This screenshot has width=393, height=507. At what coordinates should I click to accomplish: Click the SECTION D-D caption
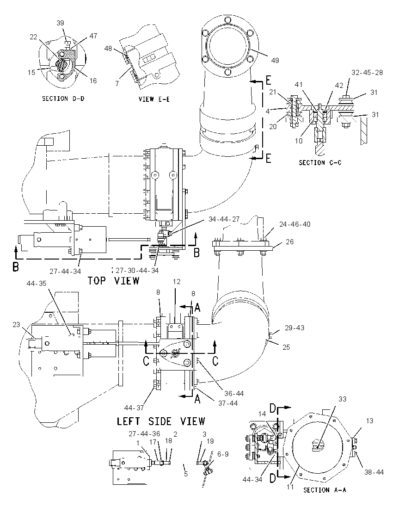point(63,99)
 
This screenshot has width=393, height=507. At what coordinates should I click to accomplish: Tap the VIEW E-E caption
point(154,99)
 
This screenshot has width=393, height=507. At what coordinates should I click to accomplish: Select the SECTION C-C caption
point(320,163)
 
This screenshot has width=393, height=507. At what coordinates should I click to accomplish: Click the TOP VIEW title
point(113,281)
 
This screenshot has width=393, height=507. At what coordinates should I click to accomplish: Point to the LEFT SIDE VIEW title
point(161,421)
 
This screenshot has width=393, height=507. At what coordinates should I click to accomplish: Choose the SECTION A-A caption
point(325,490)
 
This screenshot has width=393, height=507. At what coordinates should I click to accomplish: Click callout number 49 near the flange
point(275,61)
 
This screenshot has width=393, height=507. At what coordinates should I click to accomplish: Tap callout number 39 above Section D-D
point(60,23)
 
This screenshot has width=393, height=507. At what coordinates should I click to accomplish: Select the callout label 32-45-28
point(367,73)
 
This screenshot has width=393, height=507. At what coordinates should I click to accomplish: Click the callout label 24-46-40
point(295,224)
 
